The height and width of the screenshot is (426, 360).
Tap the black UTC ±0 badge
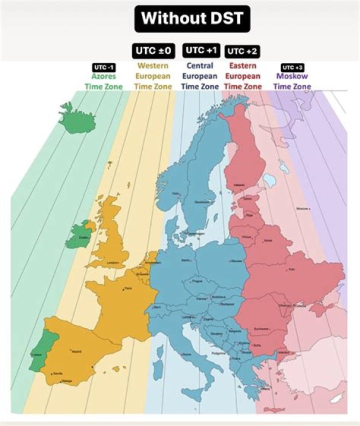click(152, 51)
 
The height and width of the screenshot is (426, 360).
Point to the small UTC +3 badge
click(292, 67)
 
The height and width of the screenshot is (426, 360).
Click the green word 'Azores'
click(103, 76)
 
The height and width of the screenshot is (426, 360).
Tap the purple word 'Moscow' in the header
click(292, 76)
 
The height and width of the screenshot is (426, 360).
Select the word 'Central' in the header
click(199, 65)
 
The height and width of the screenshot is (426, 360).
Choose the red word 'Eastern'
click(242, 65)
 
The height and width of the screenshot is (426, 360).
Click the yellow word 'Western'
click(152, 65)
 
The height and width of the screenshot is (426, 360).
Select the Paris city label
click(128, 288)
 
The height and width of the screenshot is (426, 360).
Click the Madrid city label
click(76, 352)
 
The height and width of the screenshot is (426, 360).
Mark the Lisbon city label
click(36, 355)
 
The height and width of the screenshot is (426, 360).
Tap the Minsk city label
click(269, 240)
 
